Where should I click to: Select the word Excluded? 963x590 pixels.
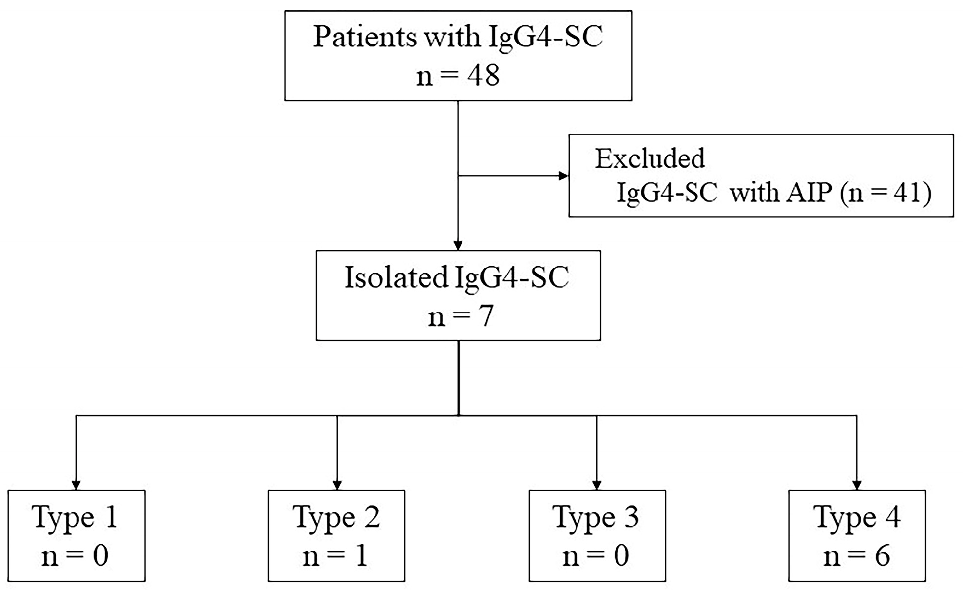(650, 158)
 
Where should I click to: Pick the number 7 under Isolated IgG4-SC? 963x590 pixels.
(486, 316)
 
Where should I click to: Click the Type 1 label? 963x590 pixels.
(76, 517)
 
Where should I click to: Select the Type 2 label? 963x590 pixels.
(336, 517)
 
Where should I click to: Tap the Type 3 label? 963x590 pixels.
(596, 517)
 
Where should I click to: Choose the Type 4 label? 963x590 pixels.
(857, 517)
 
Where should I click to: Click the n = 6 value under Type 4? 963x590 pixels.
(857, 556)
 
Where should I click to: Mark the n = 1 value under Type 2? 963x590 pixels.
(336, 556)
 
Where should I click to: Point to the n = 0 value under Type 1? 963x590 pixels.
(76, 556)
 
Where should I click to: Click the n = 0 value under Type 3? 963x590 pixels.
(596, 556)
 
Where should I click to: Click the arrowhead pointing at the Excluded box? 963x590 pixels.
(563, 176)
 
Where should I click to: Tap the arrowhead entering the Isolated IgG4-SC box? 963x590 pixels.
(458, 245)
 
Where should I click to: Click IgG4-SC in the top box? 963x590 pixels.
(545, 37)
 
